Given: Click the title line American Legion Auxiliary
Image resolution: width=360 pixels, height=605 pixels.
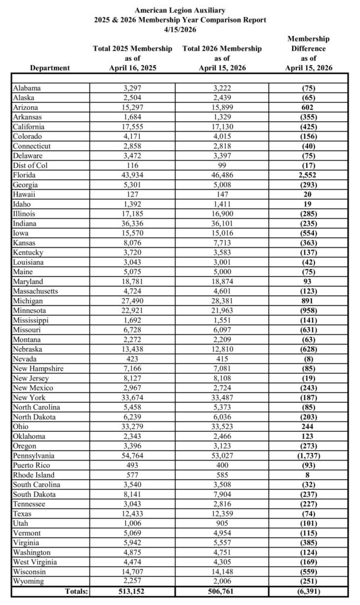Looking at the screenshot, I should [x=180, y=10].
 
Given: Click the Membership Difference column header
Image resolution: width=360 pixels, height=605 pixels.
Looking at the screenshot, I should [x=308, y=53].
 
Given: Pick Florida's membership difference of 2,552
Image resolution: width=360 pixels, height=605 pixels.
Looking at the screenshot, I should [x=308, y=175].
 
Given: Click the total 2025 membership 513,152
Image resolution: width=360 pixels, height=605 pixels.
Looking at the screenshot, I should [x=133, y=590].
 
